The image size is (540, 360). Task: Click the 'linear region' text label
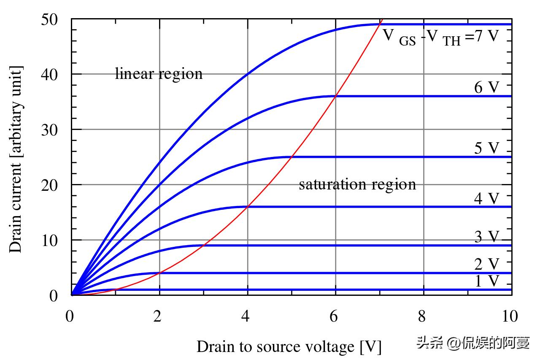tap(159, 74)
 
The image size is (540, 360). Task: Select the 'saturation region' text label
tap(357, 184)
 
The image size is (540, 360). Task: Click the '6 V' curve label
tap(487, 87)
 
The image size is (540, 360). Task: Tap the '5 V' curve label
tap(487, 148)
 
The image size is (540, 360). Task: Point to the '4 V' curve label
tap(487, 198)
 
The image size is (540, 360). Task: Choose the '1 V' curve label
tap(487, 281)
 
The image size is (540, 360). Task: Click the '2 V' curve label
tap(487, 265)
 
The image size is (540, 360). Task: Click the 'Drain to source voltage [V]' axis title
tap(289, 347)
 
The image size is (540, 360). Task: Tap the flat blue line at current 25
tap(401, 157)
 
